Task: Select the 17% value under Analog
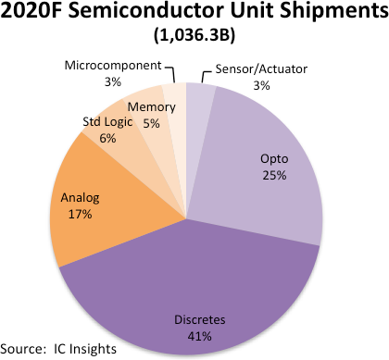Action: (x=80, y=215)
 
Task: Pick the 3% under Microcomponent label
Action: (x=114, y=81)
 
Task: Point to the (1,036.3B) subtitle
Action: (x=194, y=38)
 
